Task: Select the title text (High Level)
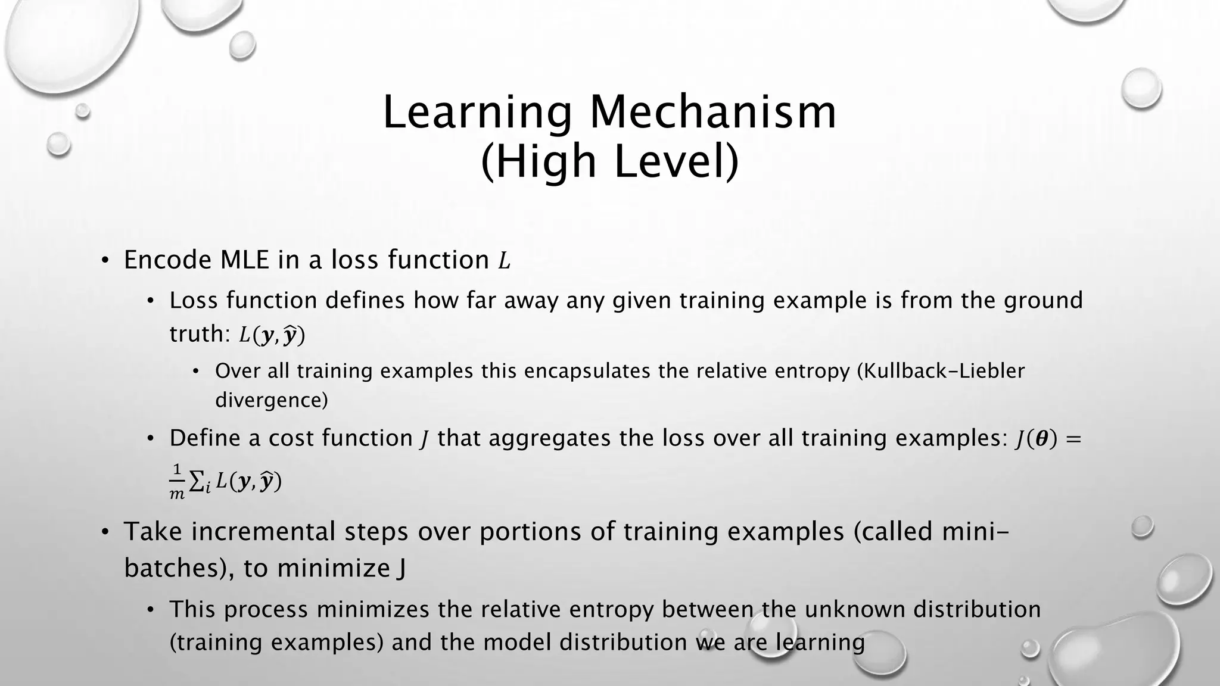point(609,161)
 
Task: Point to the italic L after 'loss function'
point(504,261)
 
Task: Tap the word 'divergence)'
point(271,400)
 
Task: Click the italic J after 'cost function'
point(424,439)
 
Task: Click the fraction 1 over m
point(177,482)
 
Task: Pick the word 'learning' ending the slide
point(820,643)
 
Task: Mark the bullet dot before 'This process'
point(151,610)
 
